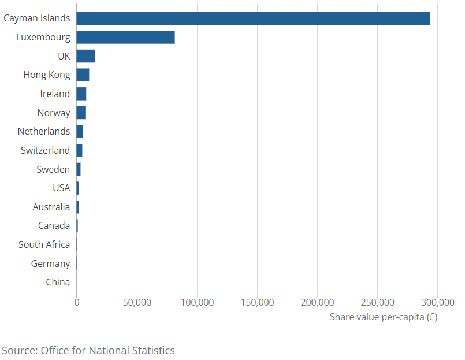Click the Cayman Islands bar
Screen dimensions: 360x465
coord(253,18)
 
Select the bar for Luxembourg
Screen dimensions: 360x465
coord(125,37)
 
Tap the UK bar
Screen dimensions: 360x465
coord(85,56)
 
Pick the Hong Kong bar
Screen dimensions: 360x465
coord(83,75)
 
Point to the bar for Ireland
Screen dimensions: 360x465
coord(81,94)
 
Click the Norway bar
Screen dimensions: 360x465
coord(81,113)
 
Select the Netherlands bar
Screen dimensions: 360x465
coord(80,131)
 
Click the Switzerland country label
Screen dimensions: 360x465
coord(45,150)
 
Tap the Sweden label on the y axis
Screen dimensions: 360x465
coord(53,169)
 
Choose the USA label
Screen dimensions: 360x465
coord(61,188)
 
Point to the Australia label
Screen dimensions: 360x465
coord(51,207)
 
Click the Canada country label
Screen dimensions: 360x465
coord(54,225)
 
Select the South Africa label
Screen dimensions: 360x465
coord(44,244)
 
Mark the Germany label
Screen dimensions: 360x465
coord(50,263)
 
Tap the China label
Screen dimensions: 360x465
coord(58,282)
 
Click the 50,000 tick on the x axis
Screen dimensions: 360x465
coord(137,302)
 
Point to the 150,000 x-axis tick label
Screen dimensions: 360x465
coord(257,302)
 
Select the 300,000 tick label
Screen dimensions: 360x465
coord(437,302)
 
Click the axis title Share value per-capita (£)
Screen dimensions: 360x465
coord(383,317)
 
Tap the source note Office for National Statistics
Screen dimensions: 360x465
coord(88,350)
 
